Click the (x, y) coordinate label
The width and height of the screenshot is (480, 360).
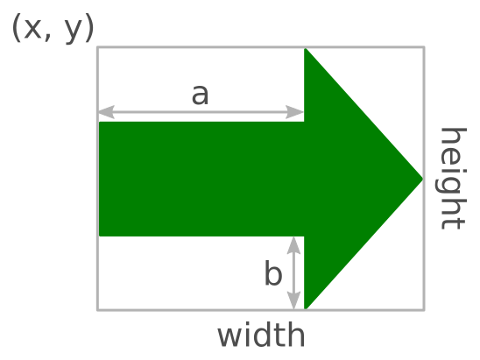[x=53, y=28]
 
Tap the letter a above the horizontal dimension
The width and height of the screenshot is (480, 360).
[x=201, y=95]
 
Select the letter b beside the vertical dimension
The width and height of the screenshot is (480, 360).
[x=272, y=272]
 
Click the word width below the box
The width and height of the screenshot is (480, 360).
[x=261, y=335]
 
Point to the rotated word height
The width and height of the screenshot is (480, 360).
[x=452, y=179]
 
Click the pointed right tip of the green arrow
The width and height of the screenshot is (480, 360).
[x=423, y=179]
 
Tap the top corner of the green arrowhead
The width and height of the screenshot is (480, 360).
[x=305, y=49]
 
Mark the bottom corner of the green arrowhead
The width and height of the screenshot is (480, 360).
[x=305, y=308]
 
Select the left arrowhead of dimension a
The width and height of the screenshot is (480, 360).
[x=106, y=112]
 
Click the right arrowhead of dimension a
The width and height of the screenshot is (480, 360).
[x=295, y=112]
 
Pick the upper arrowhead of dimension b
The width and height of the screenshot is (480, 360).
[x=294, y=245]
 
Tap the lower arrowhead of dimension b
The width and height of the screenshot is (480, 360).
[x=294, y=300]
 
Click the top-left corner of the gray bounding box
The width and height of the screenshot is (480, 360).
[x=97, y=46]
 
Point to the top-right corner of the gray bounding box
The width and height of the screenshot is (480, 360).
[x=424, y=46]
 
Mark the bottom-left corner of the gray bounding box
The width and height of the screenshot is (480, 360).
[x=97, y=310]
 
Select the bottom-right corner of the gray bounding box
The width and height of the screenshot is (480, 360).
[x=424, y=310]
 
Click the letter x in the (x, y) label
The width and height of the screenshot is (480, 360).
[x=32, y=29]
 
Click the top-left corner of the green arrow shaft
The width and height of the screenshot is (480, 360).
[x=100, y=122]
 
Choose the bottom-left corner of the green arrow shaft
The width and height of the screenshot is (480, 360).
[x=100, y=236]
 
